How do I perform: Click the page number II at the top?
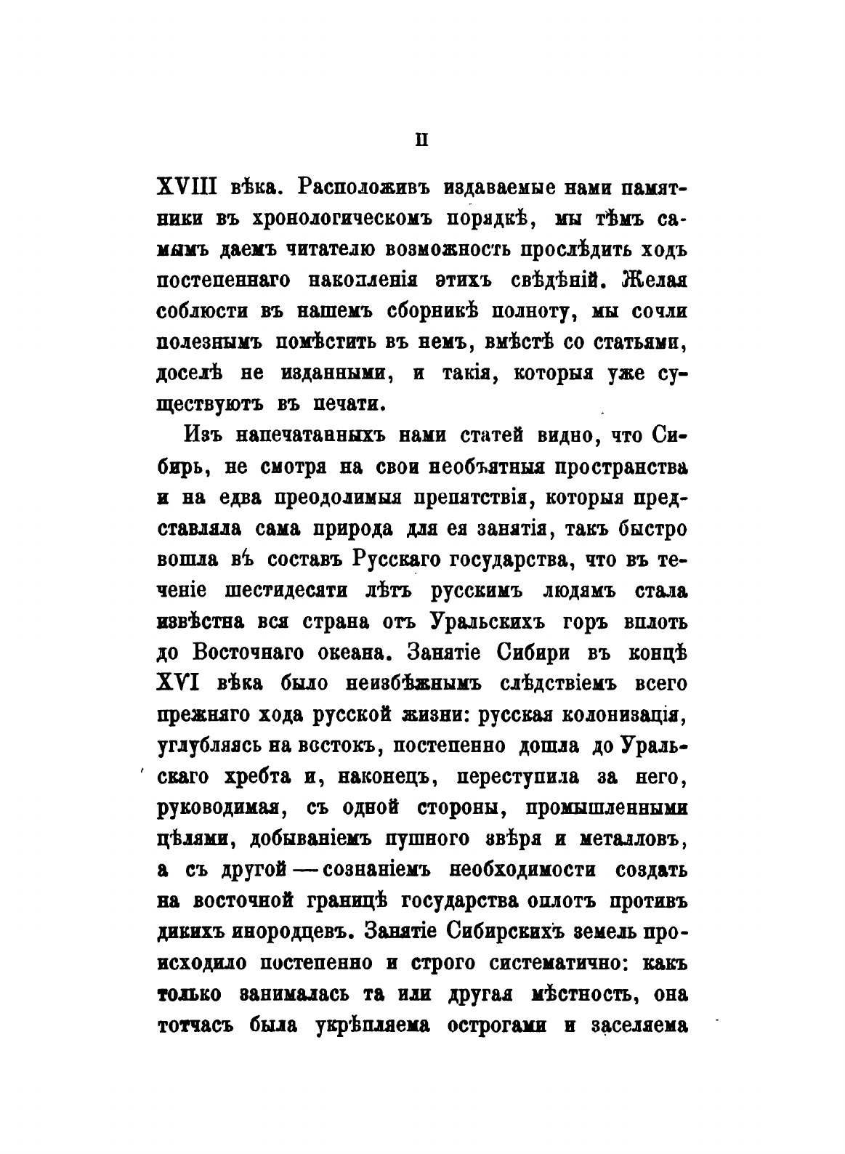[x=421, y=140]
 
